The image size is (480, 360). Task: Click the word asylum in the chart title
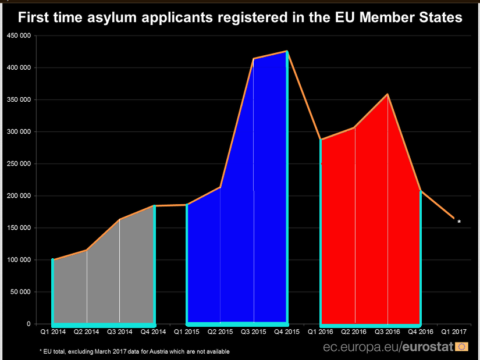pyautogui.click(x=112, y=18)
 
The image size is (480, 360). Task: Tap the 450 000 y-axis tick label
pyautogui.click(x=19, y=35)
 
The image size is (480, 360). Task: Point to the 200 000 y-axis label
pyautogui.click(x=19, y=195)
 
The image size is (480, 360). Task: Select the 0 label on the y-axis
pyautogui.click(x=29, y=324)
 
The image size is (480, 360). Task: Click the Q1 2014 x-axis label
pyautogui.click(x=53, y=332)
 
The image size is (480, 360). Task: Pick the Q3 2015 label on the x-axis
pyautogui.click(x=254, y=332)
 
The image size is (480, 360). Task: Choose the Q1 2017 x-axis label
pyautogui.click(x=454, y=332)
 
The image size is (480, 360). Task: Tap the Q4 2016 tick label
pyautogui.click(x=421, y=332)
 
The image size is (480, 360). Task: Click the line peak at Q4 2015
pyautogui.click(x=287, y=51)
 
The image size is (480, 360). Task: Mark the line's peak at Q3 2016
pyautogui.click(x=387, y=94)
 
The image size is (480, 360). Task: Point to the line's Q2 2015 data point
pyautogui.click(x=220, y=187)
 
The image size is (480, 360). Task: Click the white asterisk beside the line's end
pyautogui.click(x=459, y=222)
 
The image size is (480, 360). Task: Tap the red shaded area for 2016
pyautogui.click(x=371, y=230)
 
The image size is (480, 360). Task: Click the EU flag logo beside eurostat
pyautogui.click(x=461, y=347)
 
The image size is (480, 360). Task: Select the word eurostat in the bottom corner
pyautogui.click(x=428, y=347)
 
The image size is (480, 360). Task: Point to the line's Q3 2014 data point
pyautogui.click(x=119, y=219)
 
